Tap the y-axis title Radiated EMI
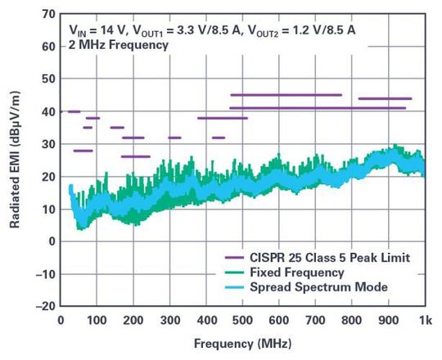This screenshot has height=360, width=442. pyautogui.click(x=15, y=160)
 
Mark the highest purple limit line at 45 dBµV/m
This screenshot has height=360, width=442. pyautogui.click(x=286, y=95)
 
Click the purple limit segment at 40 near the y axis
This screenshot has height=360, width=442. pyautogui.click(x=74, y=111)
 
